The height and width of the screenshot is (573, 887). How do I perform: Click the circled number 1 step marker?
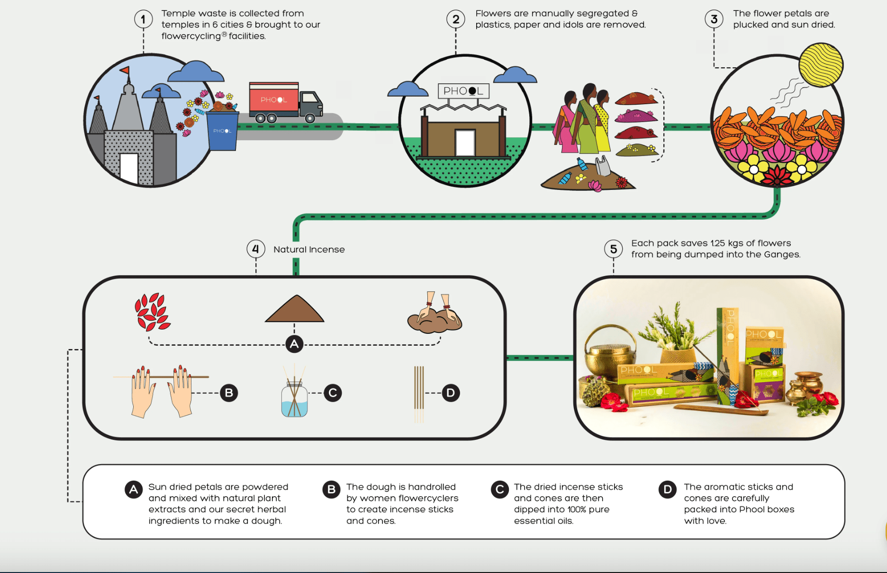click(x=143, y=19)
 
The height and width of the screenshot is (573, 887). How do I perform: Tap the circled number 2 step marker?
click(x=456, y=19)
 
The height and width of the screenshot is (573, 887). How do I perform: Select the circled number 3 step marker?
click(x=714, y=19)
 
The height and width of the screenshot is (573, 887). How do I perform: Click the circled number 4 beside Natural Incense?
click(x=256, y=249)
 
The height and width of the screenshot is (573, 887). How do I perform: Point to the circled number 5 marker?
click(x=614, y=249)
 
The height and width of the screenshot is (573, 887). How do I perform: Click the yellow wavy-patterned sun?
click(x=821, y=65)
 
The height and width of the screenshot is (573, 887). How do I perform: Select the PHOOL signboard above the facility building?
click(x=463, y=91)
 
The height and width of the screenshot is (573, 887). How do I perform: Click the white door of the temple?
click(x=129, y=168)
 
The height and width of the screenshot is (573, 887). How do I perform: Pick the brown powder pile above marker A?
click(x=295, y=310)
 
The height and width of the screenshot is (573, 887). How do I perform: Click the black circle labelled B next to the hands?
click(x=229, y=393)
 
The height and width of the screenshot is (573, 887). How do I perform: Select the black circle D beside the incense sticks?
click(x=451, y=393)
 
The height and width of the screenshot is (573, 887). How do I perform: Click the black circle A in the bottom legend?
click(x=134, y=489)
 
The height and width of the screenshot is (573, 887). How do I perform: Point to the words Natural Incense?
click(x=309, y=250)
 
